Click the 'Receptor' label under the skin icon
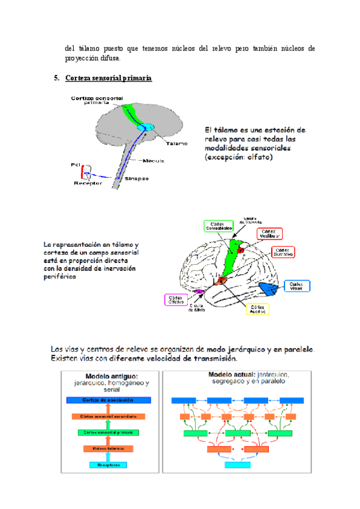88,183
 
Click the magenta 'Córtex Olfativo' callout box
175,300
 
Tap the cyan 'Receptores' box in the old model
108,465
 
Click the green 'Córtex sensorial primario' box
108,432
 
